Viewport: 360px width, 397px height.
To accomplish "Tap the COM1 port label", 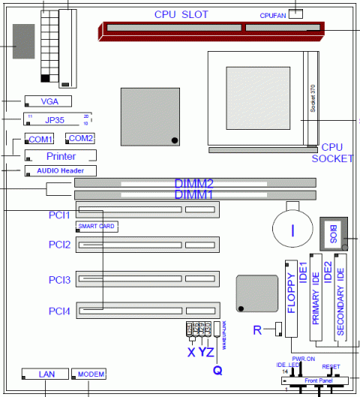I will click(40, 140).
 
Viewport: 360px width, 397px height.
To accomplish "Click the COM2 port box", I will click(79, 139).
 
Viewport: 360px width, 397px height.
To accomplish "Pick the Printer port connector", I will click(61, 156).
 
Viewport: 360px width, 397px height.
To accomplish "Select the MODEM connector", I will click(91, 374).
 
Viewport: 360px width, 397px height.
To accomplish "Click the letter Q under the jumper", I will click(217, 368).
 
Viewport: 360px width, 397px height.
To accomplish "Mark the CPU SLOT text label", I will click(181, 14).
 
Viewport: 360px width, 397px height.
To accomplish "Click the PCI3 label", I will click(60, 280).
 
